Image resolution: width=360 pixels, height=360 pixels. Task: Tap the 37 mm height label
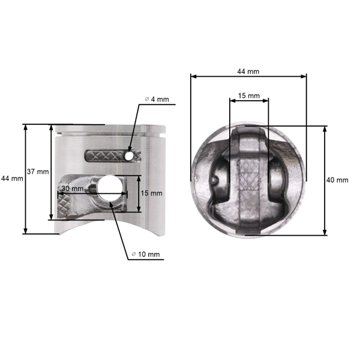coord(37,172)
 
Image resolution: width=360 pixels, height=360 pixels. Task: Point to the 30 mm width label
coord(72,188)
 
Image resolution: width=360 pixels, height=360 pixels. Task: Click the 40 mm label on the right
coord(337,180)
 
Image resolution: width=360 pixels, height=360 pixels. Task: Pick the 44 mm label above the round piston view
coord(248,71)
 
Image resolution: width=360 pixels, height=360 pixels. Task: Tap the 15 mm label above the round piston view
coord(249,96)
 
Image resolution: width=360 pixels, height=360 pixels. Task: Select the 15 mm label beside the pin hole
coord(152,193)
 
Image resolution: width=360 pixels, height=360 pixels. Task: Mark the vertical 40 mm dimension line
coord(325,180)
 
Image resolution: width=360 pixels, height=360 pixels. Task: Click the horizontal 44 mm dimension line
coord(248,76)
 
